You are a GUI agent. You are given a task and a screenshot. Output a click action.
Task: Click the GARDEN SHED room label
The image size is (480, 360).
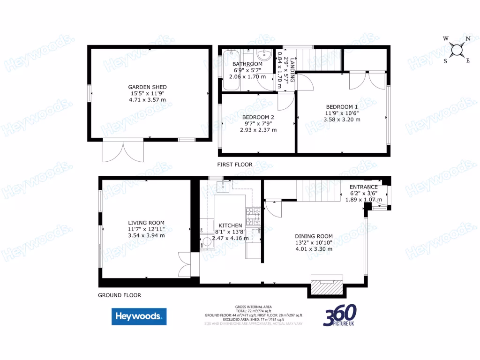click(148, 87)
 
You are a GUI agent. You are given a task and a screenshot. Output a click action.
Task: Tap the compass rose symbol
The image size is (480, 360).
click(457, 49)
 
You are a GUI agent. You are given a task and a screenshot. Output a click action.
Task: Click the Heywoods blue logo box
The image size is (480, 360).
click(139, 316)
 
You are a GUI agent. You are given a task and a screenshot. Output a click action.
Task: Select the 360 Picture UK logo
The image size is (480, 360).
click(340, 315)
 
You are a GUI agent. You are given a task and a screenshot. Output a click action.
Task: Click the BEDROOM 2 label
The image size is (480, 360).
click(258, 117)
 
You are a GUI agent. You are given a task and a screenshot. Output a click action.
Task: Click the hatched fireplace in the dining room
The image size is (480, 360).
click(328, 285)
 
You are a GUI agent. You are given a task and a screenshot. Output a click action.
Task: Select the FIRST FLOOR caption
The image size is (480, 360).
click(235, 165)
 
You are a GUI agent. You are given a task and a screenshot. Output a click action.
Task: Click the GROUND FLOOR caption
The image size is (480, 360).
click(120, 295)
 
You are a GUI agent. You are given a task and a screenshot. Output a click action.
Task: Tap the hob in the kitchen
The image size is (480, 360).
click(253, 217)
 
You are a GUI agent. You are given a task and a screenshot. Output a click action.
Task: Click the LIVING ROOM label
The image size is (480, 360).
click(147, 223)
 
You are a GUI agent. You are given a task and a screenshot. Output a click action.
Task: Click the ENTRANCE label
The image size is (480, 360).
click(364, 187)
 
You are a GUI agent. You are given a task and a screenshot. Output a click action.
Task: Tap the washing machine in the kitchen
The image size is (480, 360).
click(207, 244)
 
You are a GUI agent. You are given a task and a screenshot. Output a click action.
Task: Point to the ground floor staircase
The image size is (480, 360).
click(318, 190)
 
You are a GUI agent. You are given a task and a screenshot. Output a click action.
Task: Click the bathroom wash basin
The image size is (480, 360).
click(264, 55)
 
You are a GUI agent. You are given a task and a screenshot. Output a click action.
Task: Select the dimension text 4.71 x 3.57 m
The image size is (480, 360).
click(148, 99)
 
